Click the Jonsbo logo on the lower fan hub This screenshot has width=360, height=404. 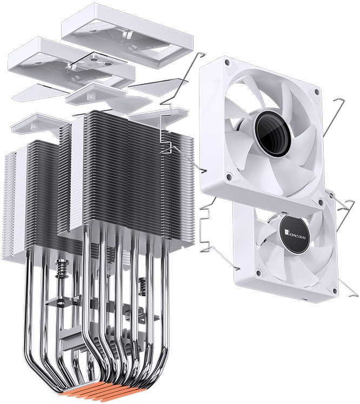point(295,234)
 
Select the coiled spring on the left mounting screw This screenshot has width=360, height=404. point(62,268)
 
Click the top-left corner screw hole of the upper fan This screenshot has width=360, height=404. point(226,62)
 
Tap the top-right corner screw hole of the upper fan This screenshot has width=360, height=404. point(316,91)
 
